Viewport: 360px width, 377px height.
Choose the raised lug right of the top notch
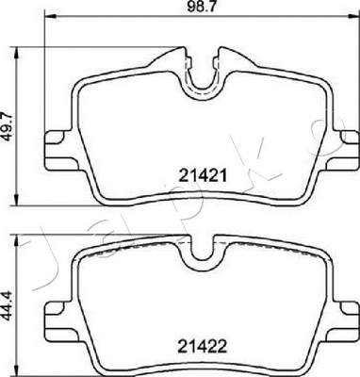[225, 57]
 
